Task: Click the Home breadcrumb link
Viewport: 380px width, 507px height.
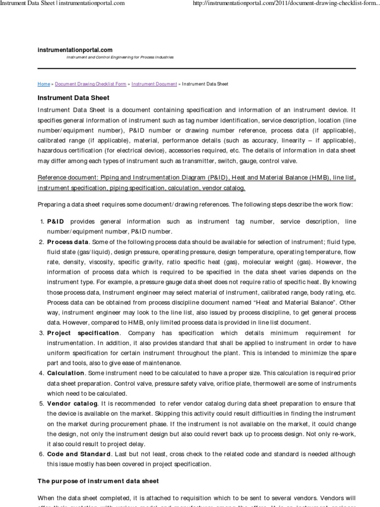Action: click(43, 84)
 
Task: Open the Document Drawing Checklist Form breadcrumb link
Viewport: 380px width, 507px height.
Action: click(91, 84)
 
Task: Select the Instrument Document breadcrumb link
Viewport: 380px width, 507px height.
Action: click(154, 84)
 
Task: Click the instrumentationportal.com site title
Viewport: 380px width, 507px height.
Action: click(75, 50)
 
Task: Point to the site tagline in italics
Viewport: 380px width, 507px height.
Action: click(120, 57)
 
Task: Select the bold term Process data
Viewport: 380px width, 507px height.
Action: click(68, 242)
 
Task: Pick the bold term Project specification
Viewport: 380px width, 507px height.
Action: click(83, 333)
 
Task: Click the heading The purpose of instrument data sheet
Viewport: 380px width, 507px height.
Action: click(98, 481)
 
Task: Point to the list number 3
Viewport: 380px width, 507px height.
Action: click(42, 333)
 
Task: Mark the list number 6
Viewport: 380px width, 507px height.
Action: click(42, 454)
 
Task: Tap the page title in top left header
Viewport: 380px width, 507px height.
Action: click(62, 4)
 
